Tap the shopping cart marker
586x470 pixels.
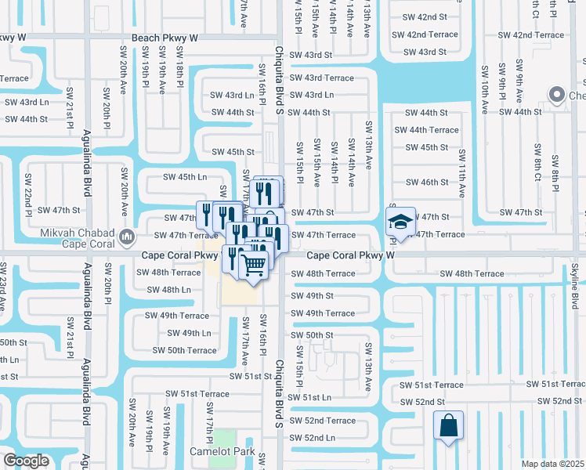coord(253,266)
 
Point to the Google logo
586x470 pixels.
coord(26,461)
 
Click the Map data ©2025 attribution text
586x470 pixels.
coord(553,464)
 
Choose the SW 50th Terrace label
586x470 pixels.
coord(180,350)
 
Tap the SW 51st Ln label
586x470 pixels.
coord(311,397)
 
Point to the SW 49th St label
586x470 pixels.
coord(312,295)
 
